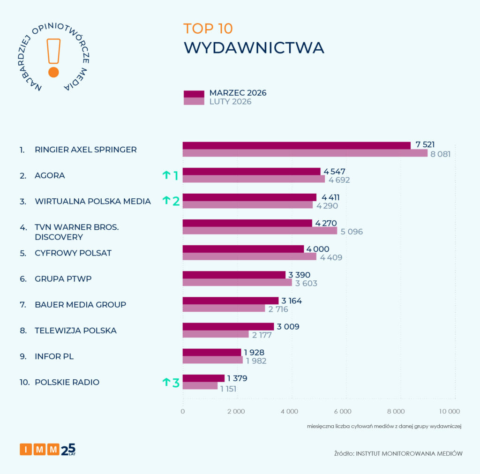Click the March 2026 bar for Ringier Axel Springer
296,145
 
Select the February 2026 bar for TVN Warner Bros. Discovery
260,231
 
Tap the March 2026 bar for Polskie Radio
203,378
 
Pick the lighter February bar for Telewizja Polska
216,334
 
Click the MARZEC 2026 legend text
238,93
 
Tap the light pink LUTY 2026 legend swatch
194,102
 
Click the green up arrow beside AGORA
166,175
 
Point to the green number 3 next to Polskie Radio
176,383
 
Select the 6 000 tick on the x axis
343,411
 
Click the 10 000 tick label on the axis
449,411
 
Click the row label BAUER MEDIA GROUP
80,305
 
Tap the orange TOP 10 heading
208,28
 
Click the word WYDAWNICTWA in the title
254,48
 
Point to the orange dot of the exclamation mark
53,72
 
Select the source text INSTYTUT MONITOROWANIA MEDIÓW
409,453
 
